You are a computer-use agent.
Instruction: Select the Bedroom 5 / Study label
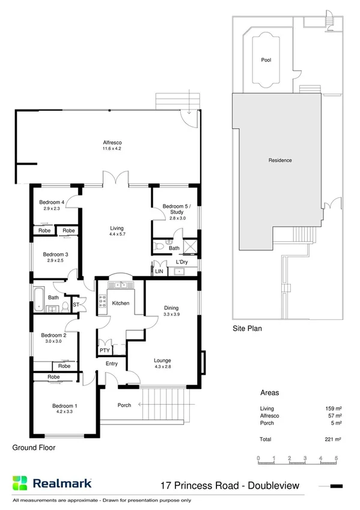click(174, 209)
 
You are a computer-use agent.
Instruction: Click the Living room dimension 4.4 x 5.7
click(117, 235)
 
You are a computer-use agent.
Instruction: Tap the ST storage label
click(76, 305)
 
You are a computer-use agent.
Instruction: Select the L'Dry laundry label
click(182, 263)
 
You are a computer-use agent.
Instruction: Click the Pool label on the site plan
click(266, 60)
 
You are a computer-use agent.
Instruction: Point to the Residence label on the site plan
click(280, 160)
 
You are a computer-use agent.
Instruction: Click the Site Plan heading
click(247, 329)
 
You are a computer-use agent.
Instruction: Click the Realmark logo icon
click(20, 483)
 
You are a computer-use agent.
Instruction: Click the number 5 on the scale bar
click(337, 458)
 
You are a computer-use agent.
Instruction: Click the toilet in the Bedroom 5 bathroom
click(159, 247)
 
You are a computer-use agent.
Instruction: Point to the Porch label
click(124, 405)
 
